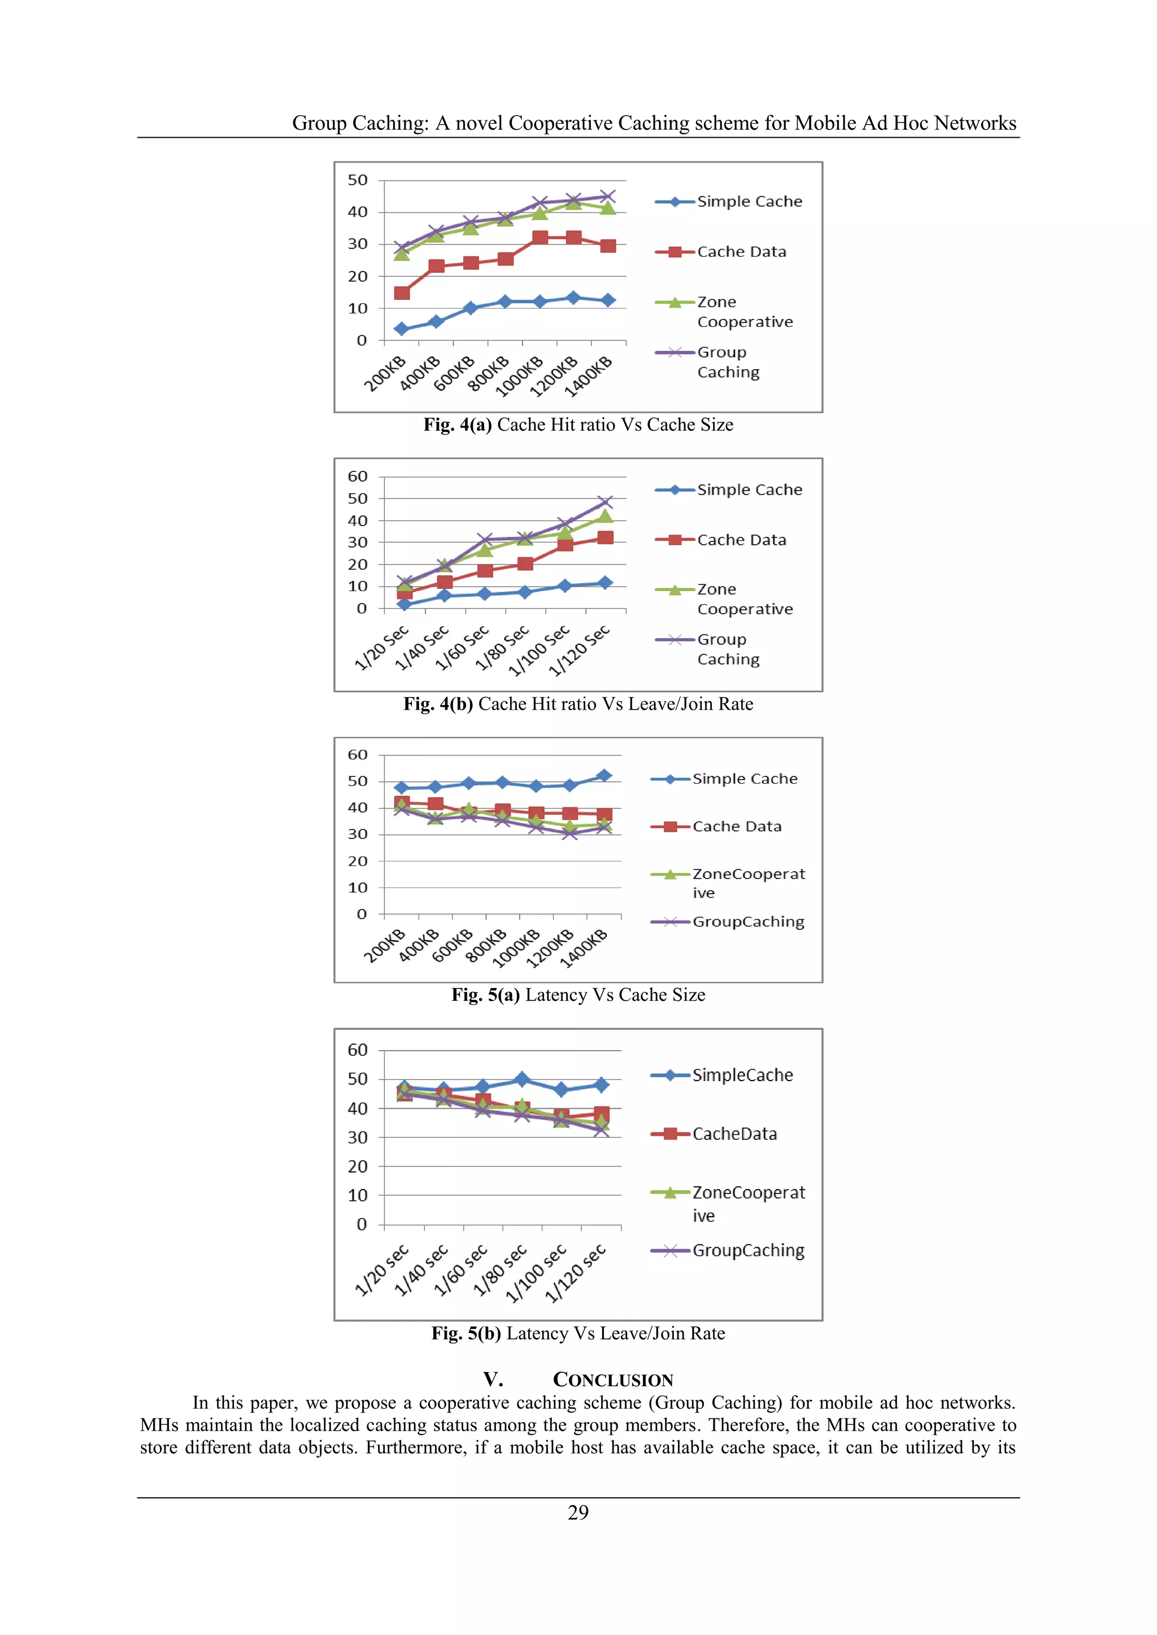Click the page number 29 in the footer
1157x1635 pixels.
(x=578, y=1512)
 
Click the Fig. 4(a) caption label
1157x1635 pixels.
(x=458, y=425)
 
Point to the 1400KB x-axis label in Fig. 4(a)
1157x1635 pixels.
(x=589, y=377)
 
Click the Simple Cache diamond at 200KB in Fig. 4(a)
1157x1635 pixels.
(x=402, y=329)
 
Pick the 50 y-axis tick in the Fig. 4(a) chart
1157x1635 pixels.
(x=358, y=180)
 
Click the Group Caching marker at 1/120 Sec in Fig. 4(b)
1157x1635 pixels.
(x=605, y=502)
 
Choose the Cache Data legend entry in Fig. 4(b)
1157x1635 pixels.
(x=741, y=540)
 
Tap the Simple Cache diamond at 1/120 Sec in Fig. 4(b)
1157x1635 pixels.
(x=605, y=583)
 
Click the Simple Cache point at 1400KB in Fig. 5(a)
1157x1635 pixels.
(x=603, y=776)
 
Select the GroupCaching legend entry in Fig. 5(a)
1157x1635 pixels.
(x=747, y=921)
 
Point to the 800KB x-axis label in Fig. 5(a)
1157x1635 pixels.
(x=486, y=945)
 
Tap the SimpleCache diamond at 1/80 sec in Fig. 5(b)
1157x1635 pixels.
(x=522, y=1079)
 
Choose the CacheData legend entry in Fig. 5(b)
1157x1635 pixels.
(x=734, y=1134)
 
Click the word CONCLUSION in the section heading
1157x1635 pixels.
(x=613, y=1380)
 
